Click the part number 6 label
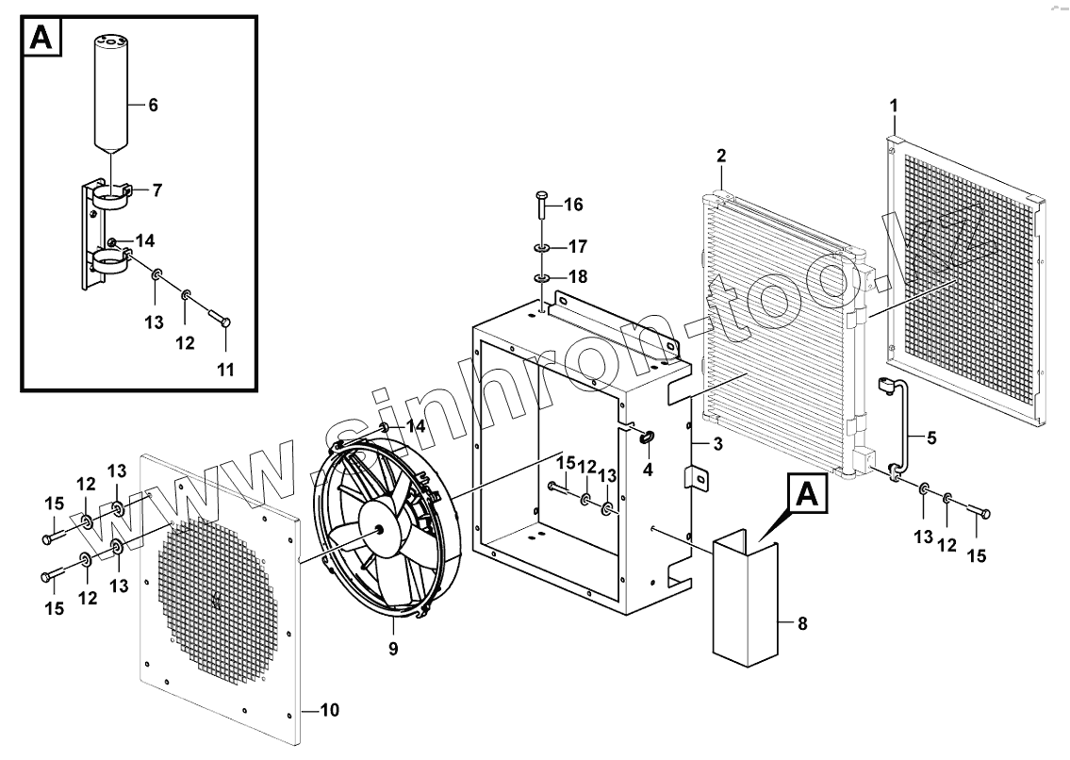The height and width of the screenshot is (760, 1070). coord(153,106)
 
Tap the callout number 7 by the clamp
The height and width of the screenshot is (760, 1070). coord(156,190)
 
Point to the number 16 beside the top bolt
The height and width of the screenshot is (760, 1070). coord(573,205)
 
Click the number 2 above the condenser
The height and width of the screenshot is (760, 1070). coord(721,156)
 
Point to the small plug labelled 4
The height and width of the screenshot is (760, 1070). coord(647,437)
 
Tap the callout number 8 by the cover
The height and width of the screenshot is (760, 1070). coord(802,623)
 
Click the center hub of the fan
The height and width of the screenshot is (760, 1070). coord(382,530)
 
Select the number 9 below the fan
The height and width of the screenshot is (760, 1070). coord(393,649)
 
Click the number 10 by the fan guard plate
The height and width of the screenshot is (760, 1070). coord(330,710)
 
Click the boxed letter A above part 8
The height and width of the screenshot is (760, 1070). coord(803,493)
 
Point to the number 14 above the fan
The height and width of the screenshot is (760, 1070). coord(416,426)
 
